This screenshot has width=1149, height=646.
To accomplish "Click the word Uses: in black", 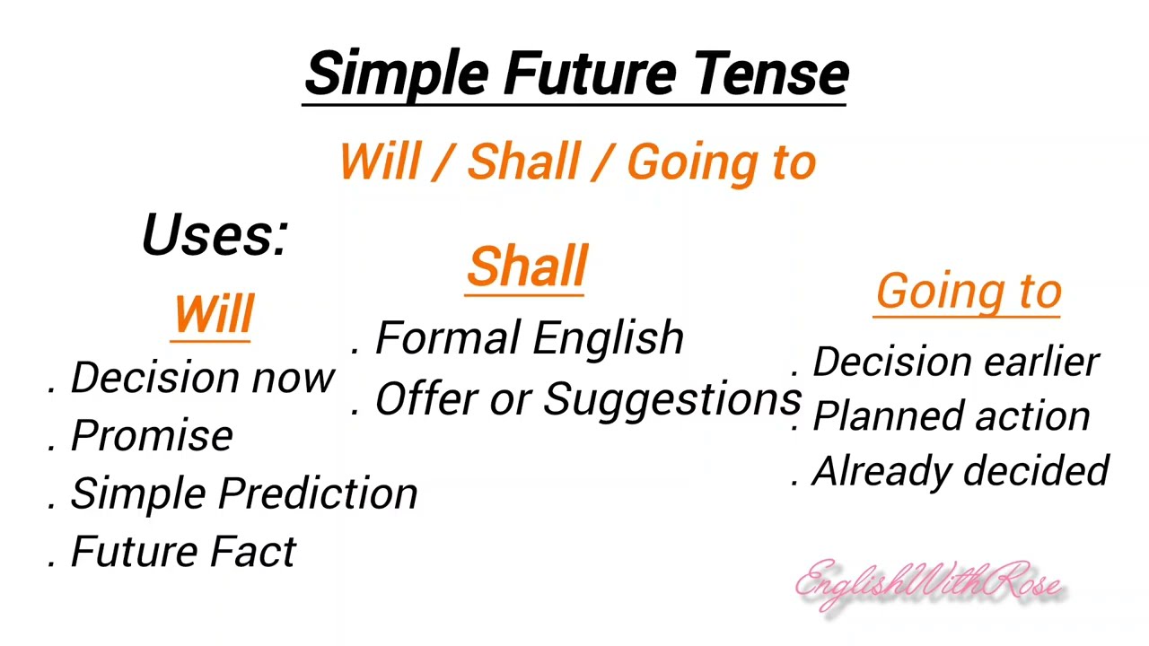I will click(215, 235).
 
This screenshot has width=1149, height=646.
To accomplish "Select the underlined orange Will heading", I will click(214, 314).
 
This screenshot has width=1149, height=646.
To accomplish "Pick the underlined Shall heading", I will click(527, 266).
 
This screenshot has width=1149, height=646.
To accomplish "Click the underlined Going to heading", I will click(969, 292).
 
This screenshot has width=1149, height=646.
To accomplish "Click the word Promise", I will click(152, 436).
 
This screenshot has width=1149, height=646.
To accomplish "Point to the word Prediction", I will click(318, 493).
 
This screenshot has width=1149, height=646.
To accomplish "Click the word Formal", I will click(445, 338).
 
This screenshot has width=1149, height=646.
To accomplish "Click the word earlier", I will click(1040, 362).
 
